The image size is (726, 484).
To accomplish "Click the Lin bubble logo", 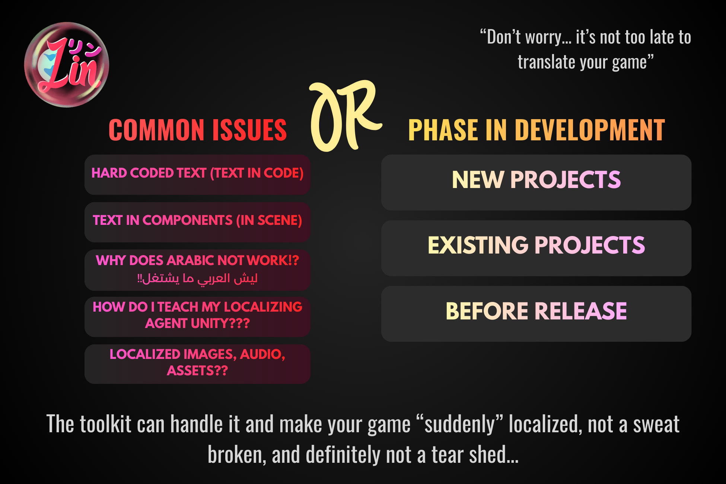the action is pyautogui.click(x=67, y=65).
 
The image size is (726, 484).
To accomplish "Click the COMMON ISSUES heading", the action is pyautogui.click(x=198, y=130).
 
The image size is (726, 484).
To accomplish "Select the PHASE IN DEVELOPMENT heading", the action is pyautogui.click(x=536, y=130).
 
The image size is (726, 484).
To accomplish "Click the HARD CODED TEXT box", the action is pyautogui.click(x=197, y=175).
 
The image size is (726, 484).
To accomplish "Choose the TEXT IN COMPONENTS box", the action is pyautogui.click(x=197, y=222).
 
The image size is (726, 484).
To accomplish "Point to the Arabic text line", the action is pyautogui.click(x=197, y=278).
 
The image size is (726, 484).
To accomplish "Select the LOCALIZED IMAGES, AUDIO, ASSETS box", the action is pyautogui.click(x=197, y=364).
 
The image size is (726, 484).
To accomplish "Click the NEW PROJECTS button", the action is pyautogui.click(x=536, y=182).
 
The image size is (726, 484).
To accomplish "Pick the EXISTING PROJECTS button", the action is pyautogui.click(x=536, y=248).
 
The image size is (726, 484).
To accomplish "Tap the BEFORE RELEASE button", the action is pyautogui.click(x=536, y=314).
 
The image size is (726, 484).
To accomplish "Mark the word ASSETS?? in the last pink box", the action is pyautogui.click(x=197, y=371).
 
